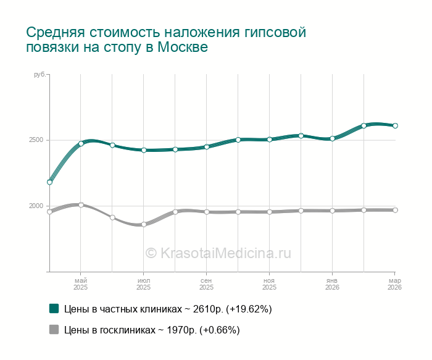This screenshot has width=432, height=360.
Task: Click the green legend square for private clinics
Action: (54, 308)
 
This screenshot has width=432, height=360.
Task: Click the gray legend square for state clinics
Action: (54, 330)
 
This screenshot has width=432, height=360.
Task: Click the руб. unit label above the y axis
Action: (39, 75)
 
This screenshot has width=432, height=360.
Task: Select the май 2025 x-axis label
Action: (81, 284)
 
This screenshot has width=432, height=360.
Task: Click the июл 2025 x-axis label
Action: (144, 284)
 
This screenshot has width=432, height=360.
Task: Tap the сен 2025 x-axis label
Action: (207, 284)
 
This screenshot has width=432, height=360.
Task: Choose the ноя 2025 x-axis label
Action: (269, 284)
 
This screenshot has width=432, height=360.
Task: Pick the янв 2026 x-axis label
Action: (332, 284)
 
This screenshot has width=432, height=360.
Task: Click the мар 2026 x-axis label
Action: (394, 284)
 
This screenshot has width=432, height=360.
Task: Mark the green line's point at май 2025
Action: (81, 144)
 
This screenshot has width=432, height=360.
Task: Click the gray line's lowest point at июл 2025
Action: (144, 224)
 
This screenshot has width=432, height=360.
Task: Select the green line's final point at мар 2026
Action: (395, 125)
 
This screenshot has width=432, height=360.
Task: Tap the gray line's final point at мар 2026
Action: (395, 210)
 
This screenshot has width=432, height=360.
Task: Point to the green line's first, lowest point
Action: (49, 182)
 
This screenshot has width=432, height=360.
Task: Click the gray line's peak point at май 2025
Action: (81, 204)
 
